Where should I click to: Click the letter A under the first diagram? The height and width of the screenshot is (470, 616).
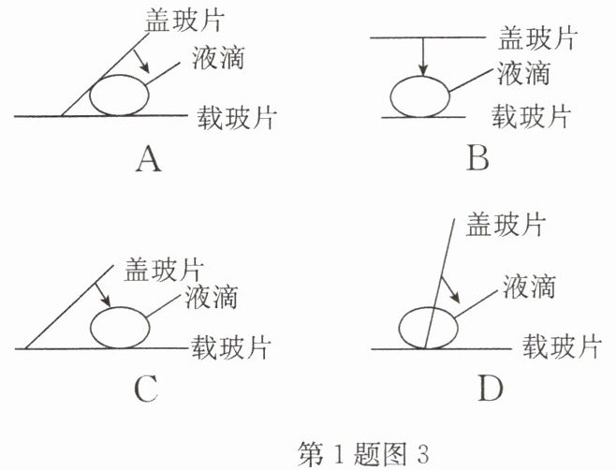point(149,159)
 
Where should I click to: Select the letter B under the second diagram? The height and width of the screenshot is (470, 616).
point(478,158)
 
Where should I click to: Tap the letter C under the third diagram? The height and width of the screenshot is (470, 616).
point(146,389)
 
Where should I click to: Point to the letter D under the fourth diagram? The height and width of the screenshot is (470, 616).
point(491,389)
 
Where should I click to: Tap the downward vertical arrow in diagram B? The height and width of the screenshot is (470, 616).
point(423,56)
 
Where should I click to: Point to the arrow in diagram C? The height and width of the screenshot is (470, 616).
point(103,295)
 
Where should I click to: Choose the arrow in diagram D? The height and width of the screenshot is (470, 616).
point(449,290)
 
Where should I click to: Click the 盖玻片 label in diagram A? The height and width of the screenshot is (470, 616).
point(184,21)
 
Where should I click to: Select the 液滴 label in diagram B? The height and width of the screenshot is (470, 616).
point(523,73)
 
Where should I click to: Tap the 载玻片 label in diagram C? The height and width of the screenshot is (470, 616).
point(231,347)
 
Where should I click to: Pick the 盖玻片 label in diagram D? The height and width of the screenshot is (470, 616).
point(506,225)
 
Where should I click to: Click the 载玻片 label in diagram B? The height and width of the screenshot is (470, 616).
point(531,116)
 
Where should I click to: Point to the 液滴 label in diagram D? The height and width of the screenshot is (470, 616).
point(529,286)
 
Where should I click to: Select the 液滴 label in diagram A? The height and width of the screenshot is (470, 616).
point(218,57)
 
